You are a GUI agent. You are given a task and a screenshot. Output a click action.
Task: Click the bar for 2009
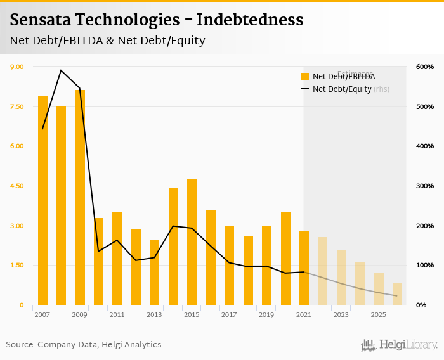[80, 197]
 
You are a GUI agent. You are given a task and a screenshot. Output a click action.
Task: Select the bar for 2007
[42, 200]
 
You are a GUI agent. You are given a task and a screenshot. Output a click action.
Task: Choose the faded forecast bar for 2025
[379, 289]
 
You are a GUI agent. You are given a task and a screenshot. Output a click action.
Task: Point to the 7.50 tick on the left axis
[16, 106]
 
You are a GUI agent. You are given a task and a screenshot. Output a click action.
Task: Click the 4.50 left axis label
[16, 186]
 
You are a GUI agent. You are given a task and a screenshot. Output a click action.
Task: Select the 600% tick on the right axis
[425, 67]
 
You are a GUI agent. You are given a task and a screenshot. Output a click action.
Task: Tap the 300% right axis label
[425, 186]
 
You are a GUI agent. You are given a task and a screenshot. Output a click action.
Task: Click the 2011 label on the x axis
[117, 314]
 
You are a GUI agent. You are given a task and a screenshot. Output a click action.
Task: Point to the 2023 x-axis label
[341, 314]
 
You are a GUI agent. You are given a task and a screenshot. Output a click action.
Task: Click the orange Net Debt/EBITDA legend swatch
[305, 77]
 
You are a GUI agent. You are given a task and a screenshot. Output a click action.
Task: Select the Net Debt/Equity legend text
[341, 89]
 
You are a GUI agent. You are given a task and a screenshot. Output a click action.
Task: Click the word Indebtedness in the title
[250, 20]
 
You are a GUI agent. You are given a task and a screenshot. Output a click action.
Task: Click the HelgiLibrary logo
[400, 345]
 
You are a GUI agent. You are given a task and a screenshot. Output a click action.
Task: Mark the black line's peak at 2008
[61, 70]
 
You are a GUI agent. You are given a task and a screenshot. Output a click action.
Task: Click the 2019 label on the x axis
[266, 314]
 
